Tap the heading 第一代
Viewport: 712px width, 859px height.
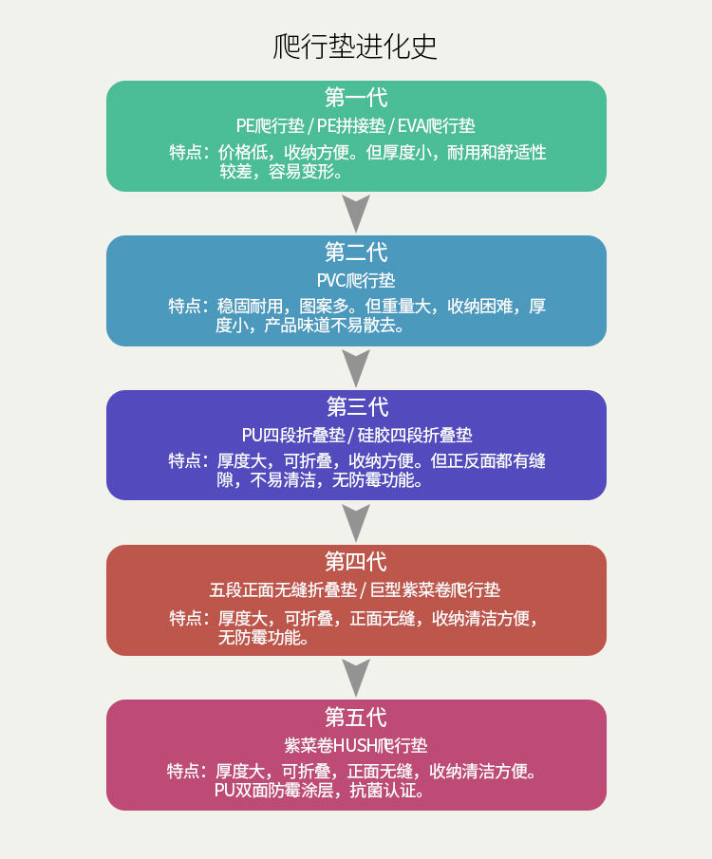[356, 98]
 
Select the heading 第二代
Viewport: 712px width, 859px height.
[356, 252]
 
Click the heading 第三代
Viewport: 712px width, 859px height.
[356, 407]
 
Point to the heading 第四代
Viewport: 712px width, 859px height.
[356, 562]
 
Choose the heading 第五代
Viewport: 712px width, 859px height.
[356, 717]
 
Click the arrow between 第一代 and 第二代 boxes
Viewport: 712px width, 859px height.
[356, 214]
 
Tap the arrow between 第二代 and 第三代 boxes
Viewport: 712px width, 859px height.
[356, 368]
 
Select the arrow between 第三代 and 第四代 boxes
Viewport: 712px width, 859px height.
[356, 523]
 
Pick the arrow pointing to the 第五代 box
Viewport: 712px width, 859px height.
[356, 678]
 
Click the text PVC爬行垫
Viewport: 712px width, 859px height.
[356, 280]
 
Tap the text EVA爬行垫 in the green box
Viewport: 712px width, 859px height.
[436, 125]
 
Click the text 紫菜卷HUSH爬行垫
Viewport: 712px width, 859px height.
[356, 744]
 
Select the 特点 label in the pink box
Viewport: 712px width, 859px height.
[185, 771]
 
